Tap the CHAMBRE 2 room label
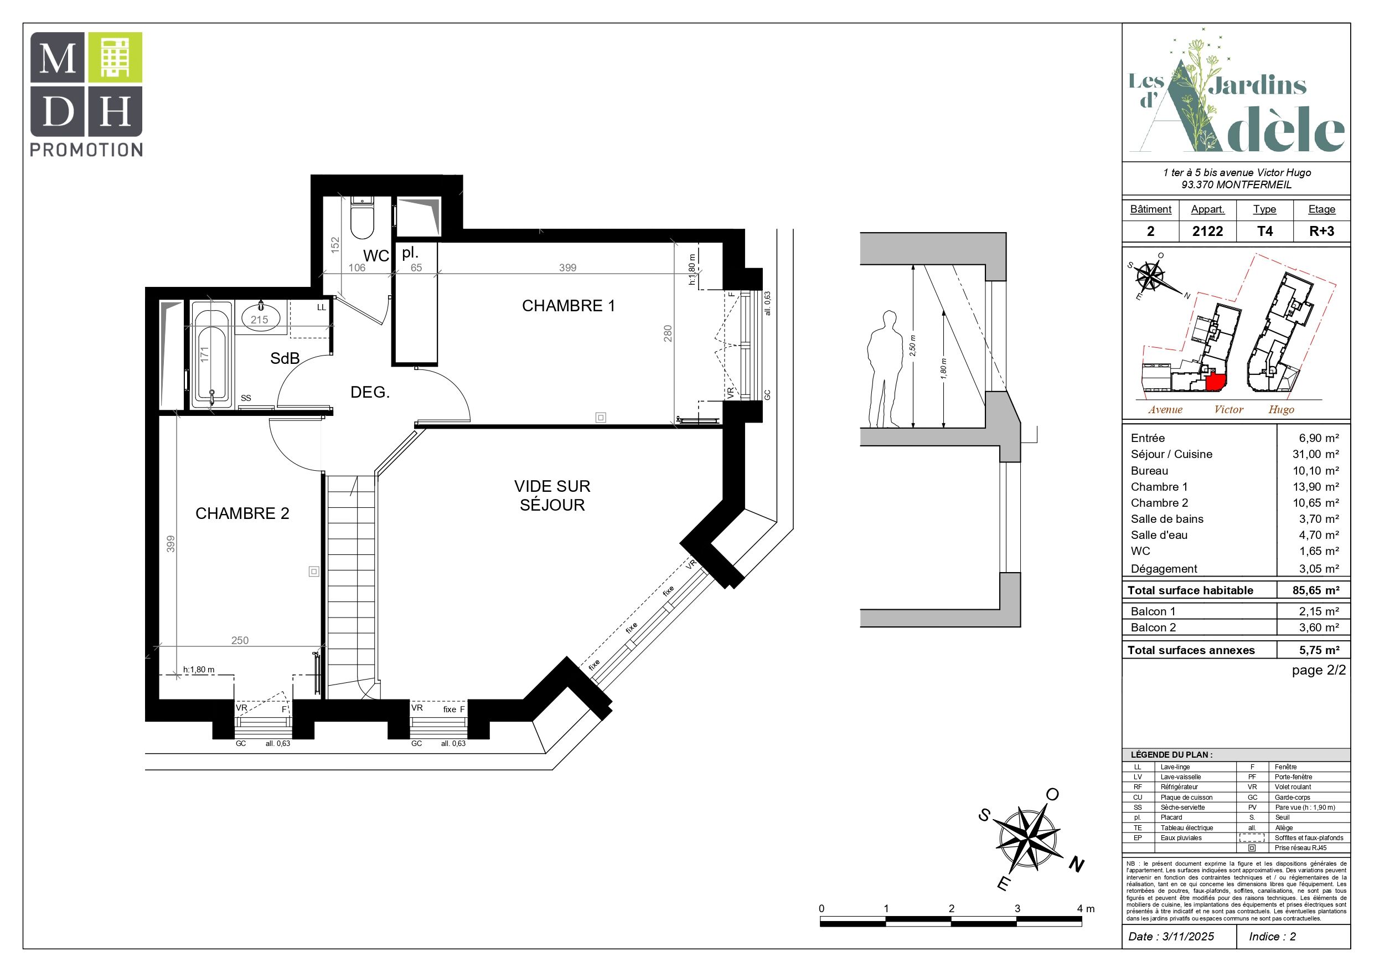coord(242,513)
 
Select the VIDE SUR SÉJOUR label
coord(552,495)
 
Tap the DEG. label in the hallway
coord(370,392)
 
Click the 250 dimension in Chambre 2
coord(240,640)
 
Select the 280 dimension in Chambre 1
coord(668,333)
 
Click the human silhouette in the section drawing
coord(885,369)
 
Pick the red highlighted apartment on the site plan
coord(1213,381)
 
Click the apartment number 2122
coord(1207,231)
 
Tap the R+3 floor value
coord(1321,231)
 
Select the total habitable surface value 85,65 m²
coord(1315,590)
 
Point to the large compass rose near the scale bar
coord(1029,839)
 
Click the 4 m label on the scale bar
coord(1086,908)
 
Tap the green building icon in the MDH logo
coord(116,58)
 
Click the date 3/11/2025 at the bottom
coord(1188,937)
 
